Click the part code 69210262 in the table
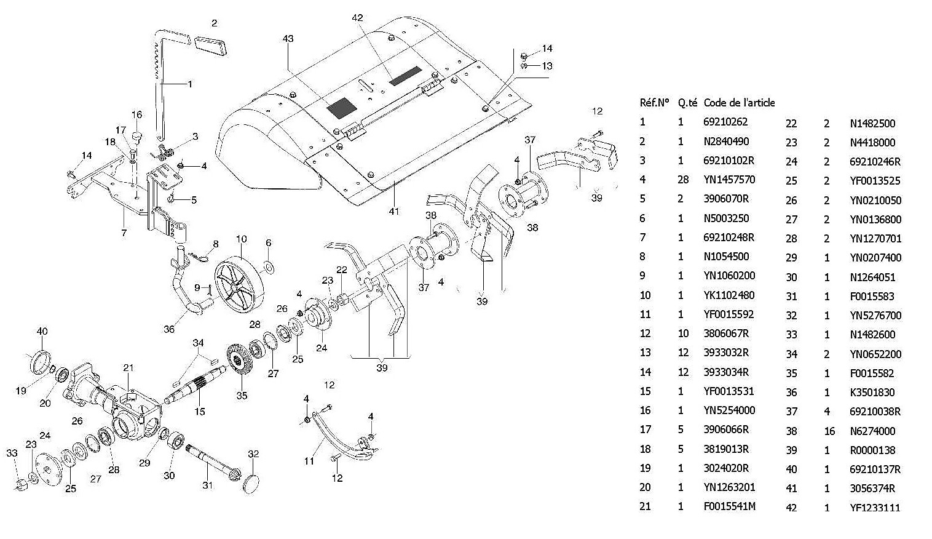click(725, 122)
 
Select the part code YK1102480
click(729, 295)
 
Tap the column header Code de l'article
click(738, 103)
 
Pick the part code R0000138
click(872, 450)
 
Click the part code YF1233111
click(875, 508)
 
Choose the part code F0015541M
click(729, 506)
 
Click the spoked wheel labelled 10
click(237, 285)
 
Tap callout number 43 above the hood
click(288, 39)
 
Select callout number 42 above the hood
click(357, 18)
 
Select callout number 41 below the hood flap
click(394, 211)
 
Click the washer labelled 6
click(269, 268)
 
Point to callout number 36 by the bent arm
click(169, 329)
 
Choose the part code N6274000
click(872, 431)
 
